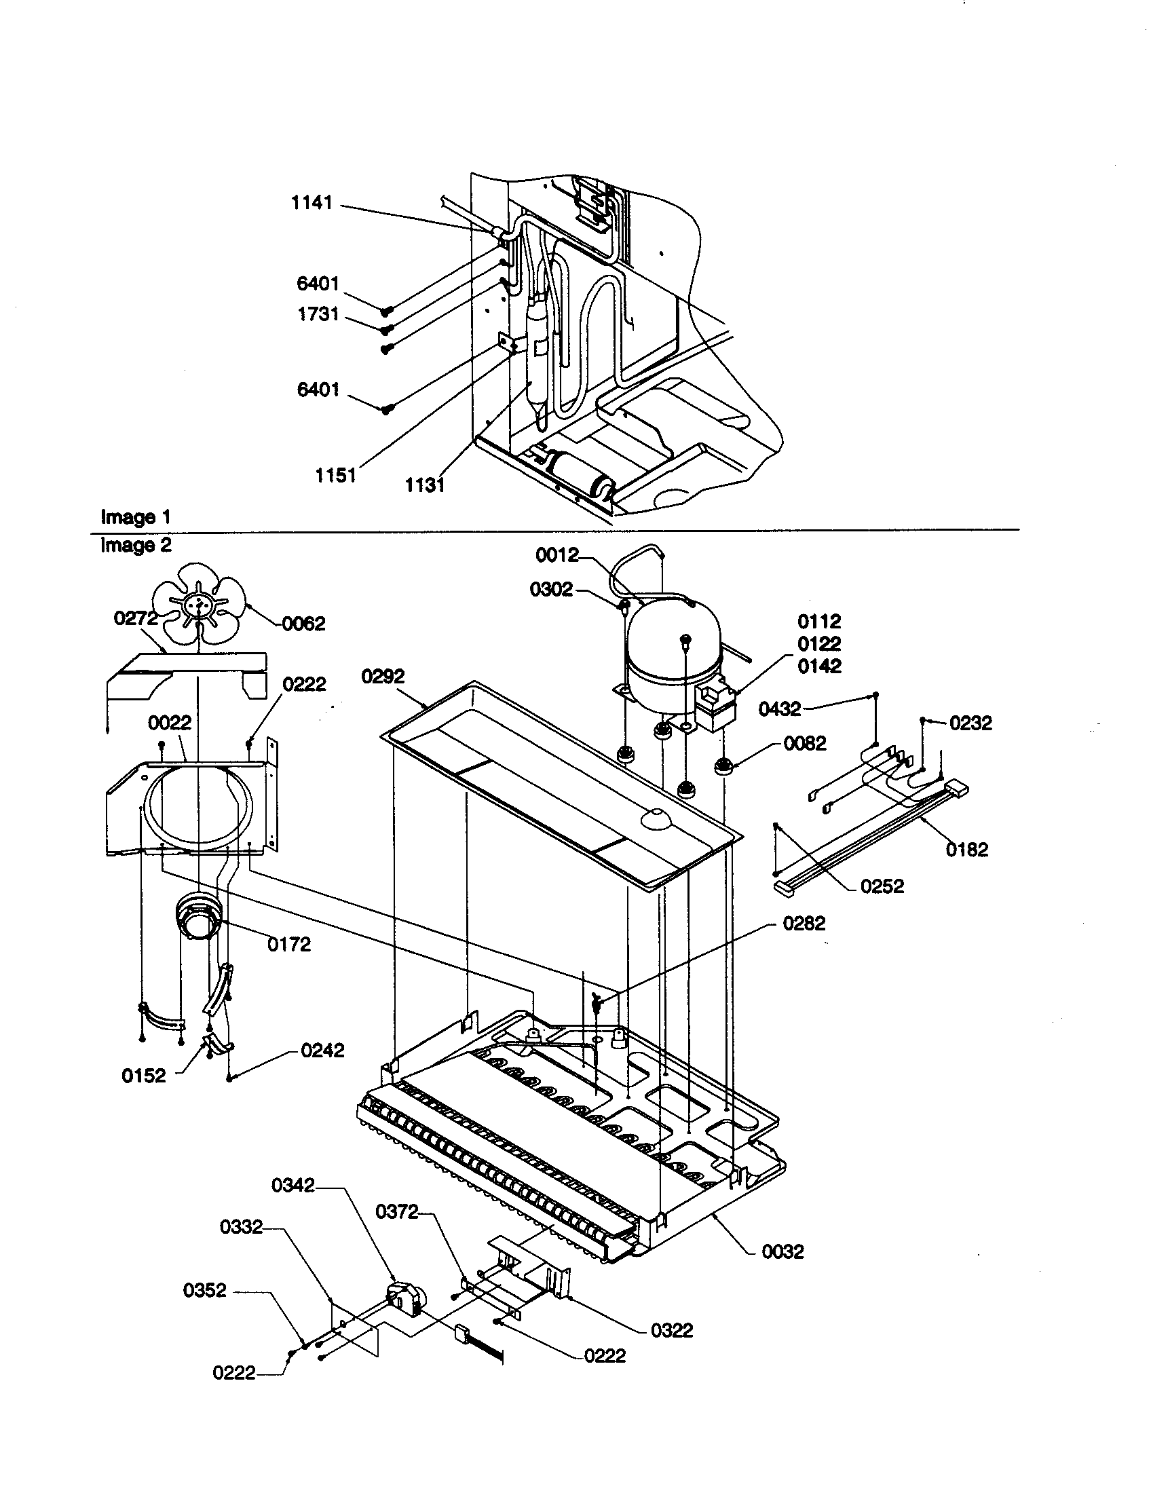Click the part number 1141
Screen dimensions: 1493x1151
pos(312,203)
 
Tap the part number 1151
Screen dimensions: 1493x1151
pos(335,474)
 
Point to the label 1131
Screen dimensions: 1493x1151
pos(424,485)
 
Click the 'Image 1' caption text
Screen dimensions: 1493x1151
pos(135,517)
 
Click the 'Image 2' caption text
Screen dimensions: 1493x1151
pos(135,545)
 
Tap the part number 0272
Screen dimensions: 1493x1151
pos(135,618)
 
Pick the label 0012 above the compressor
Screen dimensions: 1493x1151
pos(557,555)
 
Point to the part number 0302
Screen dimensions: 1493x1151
pos(551,589)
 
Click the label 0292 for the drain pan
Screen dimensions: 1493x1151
pos(383,676)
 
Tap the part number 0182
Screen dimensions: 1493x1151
pos(967,850)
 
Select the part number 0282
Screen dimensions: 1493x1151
pos(804,924)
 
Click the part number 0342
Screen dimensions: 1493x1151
pos(293,1185)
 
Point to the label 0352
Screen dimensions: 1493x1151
pos(204,1290)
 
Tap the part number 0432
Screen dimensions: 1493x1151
pos(780,709)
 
